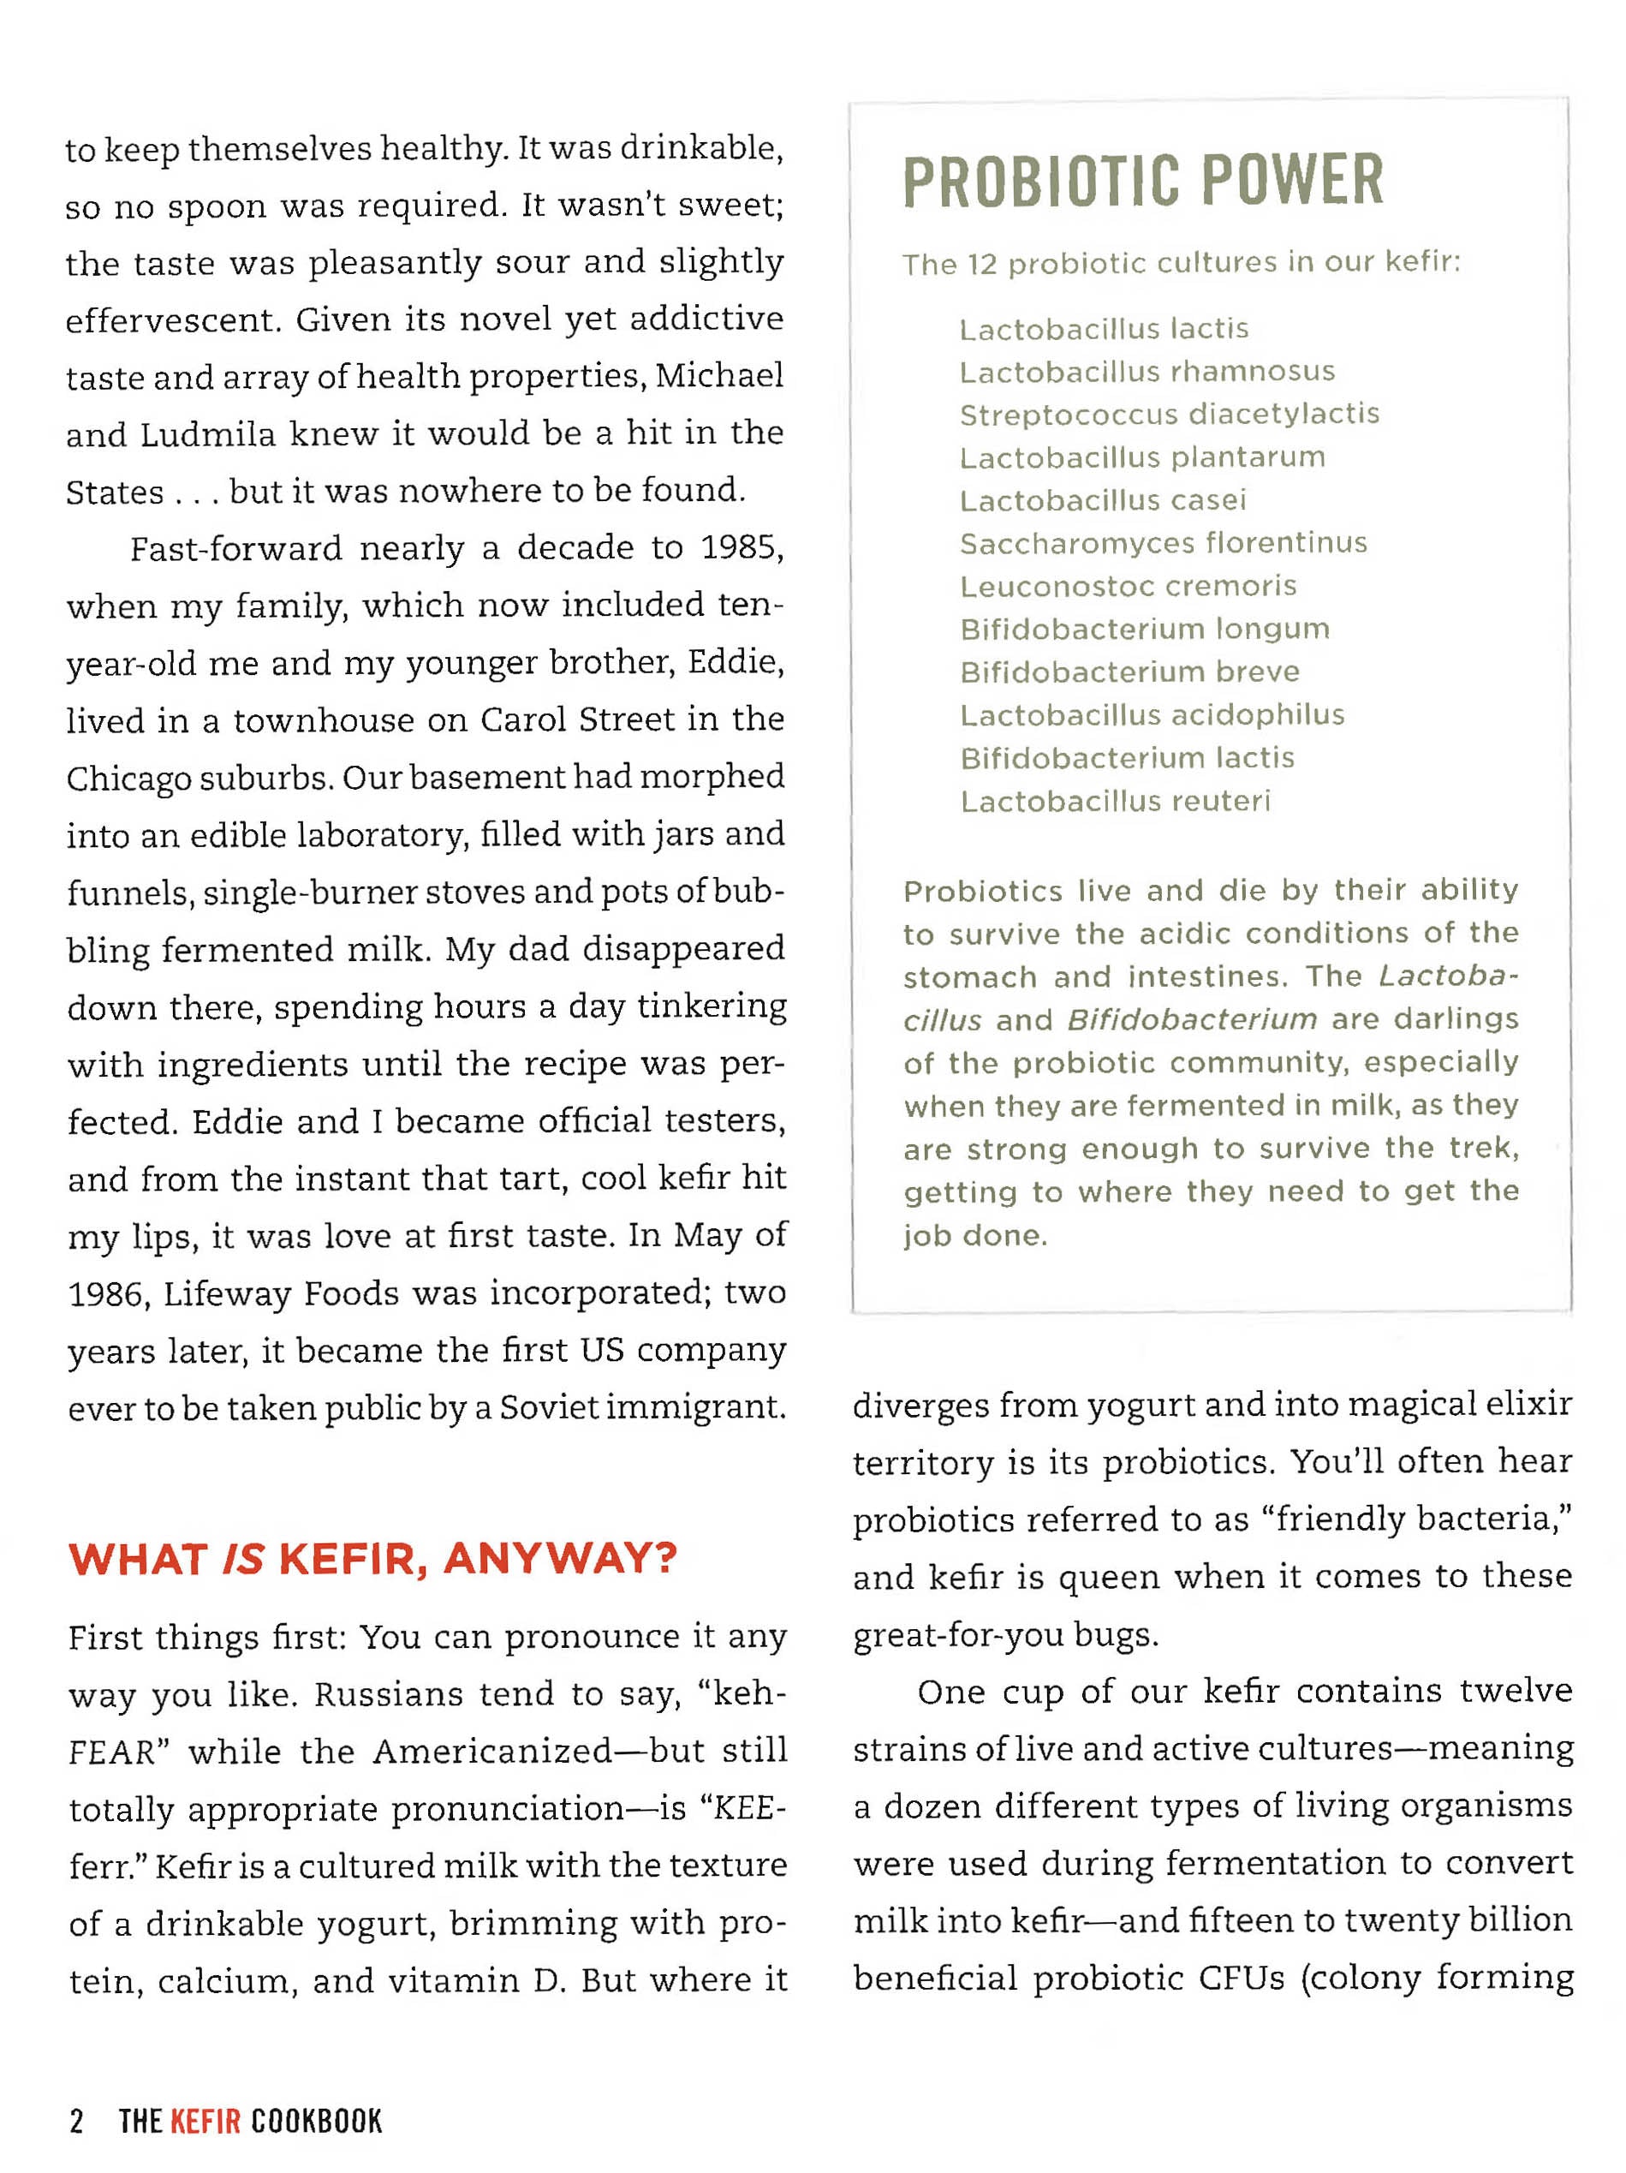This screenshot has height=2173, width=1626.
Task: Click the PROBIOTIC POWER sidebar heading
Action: point(1142,181)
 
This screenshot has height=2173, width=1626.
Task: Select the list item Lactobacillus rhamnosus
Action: point(1147,372)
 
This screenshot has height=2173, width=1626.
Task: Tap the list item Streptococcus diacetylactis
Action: point(1169,415)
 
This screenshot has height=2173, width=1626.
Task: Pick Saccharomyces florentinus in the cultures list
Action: point(1163,543)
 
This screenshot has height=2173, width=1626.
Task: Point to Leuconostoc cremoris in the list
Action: point(1127,587)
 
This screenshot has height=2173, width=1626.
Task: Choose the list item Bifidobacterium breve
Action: point(1129,672)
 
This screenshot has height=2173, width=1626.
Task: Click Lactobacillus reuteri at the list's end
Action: point(1115,802)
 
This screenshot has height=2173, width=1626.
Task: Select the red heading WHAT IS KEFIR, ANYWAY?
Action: point(372,1559)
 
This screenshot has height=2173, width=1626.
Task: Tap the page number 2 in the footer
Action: point(76,2121)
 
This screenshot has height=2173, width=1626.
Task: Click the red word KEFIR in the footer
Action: point(205,2121)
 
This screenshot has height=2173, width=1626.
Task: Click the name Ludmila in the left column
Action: point(207,434)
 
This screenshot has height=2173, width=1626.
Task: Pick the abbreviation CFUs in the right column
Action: point(1240,1978)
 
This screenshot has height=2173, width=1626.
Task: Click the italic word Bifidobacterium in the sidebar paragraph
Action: point(1191,1020)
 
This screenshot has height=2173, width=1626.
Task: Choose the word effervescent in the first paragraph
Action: point(173,320)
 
